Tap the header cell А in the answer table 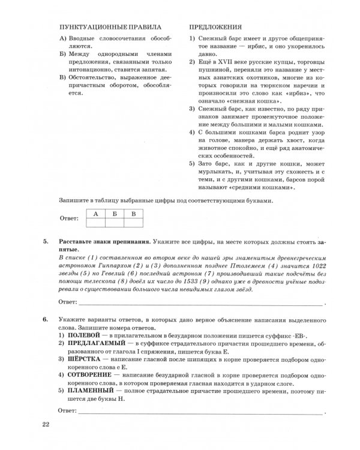click(x=96, y=214)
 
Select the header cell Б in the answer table click(x=115, y=214)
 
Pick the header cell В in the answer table click(x=134, y=214)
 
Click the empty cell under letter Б click(x=115, y=223)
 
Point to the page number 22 click(x=46, y=426)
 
